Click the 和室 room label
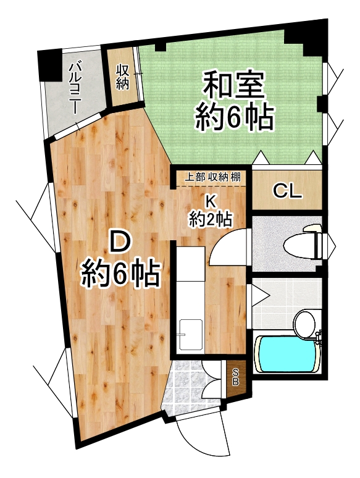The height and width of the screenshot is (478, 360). [x=233, y=85]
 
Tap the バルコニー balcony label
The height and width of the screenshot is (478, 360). [x=75, y=88]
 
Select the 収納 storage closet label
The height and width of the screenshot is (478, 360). [x=122, y=78]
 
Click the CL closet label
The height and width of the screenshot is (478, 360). [x=287, y=191]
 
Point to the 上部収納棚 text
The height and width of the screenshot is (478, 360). [x=212, y=177]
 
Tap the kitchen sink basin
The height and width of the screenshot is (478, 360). [x=191, y=335]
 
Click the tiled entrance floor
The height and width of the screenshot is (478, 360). [x=191, y=384]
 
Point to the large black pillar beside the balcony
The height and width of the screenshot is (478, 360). [x=49, y=66]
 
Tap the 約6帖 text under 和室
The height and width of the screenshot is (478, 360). [x=233, y=117]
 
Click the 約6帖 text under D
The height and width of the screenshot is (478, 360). [x=120, y=272]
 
